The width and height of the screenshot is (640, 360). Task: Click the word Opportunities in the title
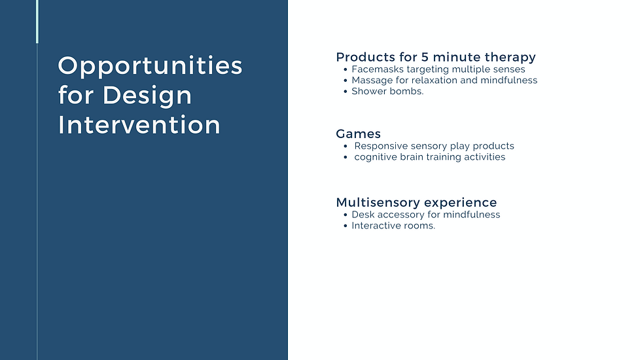[151, 66]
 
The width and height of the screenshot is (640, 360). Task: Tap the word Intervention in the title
[139, 125]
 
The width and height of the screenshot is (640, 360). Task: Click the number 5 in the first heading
[425, 57]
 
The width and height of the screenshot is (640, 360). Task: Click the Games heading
[359, 134]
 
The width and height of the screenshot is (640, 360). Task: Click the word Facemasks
[378, 69]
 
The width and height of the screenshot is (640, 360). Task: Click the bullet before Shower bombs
[346, 92]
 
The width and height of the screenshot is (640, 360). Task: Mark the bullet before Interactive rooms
[346, 226]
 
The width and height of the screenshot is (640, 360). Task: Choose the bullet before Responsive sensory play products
[346, 147]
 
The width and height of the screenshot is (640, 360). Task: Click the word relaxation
[435, 81]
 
